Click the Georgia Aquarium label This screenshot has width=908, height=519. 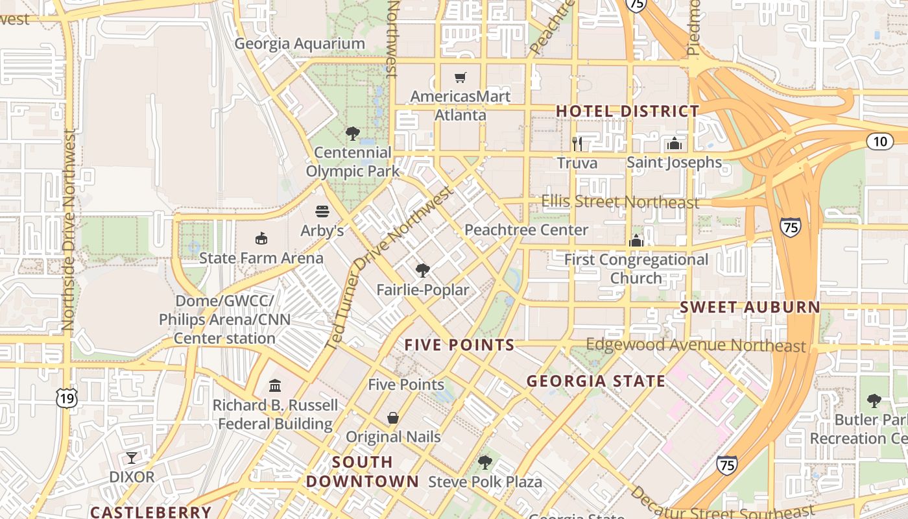point(300,43)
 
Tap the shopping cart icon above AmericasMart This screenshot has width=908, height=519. point(460,78)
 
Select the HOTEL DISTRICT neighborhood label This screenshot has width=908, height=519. point(627,111)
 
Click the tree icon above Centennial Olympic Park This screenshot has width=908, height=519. point(353,134)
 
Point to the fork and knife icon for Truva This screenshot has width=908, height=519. point(577,143)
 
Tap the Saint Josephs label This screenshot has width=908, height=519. point(674,162)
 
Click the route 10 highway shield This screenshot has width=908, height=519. point(880,141)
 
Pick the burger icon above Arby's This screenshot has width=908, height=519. point(322,211)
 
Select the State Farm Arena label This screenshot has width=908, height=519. point(261,258)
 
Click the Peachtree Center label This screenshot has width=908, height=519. point(526,230)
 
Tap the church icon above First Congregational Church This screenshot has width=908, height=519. point(636,241)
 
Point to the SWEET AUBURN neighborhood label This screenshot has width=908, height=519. point(750,308)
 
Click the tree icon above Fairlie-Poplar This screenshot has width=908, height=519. point(423,271)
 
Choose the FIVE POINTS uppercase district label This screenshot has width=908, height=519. point(459,345)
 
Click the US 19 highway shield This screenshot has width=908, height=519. point(67,398)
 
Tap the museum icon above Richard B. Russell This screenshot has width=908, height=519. point(275,386)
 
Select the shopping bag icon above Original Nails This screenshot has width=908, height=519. point(393,418)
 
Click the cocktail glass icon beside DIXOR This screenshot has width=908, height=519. point(132,458)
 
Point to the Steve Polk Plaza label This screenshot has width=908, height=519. point(485,482)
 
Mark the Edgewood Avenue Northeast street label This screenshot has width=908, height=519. point(695,345)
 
